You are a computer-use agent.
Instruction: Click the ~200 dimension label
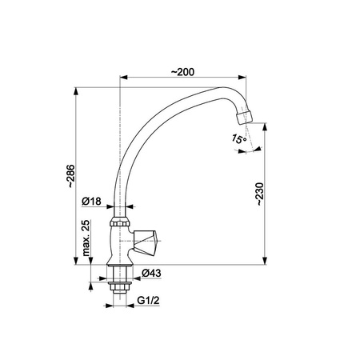(x=182, y=72)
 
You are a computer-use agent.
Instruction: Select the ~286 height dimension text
(x=71, y=176)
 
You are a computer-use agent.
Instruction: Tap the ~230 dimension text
(x=259, y=194)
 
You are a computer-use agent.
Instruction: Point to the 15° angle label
(x=239, y=139)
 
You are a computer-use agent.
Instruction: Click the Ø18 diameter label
(x=91, y=201)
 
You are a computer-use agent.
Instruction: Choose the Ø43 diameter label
(x=151, y=273)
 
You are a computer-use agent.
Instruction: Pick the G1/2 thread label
(x=148, y=300)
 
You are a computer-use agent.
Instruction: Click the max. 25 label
(x=86, y=238)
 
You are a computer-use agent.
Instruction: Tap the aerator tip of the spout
(x=244, y=116)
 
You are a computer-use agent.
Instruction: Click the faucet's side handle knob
(x=146, y=241)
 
